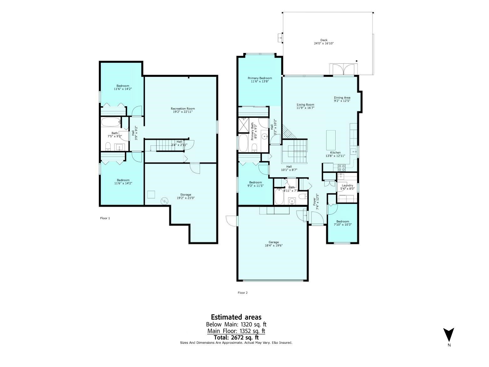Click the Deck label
[x=324, y=40]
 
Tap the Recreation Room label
[x=183, y=108]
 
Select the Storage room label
[x=186, y=195]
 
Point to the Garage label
[x=274, y=242]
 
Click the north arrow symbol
[x=448, y=335]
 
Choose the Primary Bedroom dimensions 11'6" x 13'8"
[x=260, y=81]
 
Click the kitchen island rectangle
[x=331, y=140]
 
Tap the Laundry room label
[x=347, y=186]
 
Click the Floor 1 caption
[x=105, y=218]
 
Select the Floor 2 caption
[x=243, y=293]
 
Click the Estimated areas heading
[x=236, y=317]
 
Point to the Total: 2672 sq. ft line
[x=236, y=337]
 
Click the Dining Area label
[x=342, y=97]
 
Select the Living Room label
[x=306, y=105]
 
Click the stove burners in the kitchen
[x=342, y=166]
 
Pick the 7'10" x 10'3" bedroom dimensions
[x=342, y=224]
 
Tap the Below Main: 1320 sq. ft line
[x=236, y=324]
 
